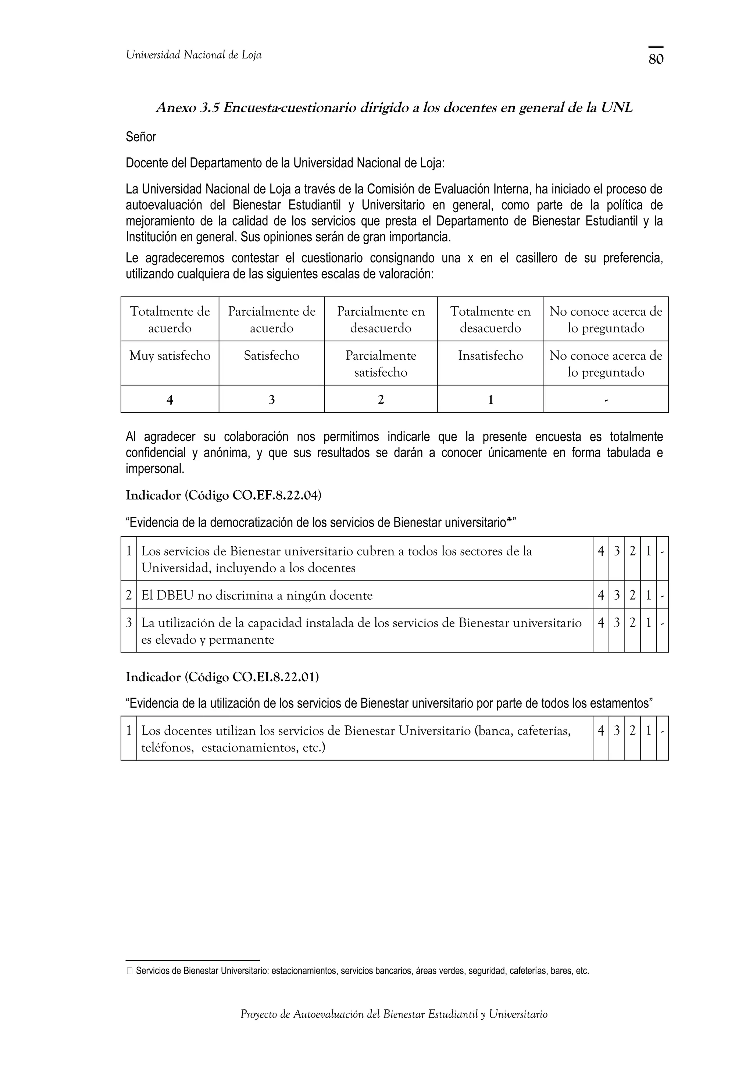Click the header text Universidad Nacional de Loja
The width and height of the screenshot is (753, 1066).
point(193,55)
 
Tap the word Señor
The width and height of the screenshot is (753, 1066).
point(141,137)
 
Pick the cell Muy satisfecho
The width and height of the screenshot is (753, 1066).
point(170,356)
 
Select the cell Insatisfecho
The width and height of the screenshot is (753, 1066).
point(490,356)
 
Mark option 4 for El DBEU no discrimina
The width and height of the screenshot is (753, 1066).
point(601,595)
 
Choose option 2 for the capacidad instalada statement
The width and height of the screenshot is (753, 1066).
point(632,623)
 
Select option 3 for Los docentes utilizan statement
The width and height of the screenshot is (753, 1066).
point(617,731)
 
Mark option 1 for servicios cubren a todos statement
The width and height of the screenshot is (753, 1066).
point(648,551)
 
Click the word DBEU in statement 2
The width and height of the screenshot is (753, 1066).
point(175,595)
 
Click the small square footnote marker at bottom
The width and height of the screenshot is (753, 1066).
point(129,971)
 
